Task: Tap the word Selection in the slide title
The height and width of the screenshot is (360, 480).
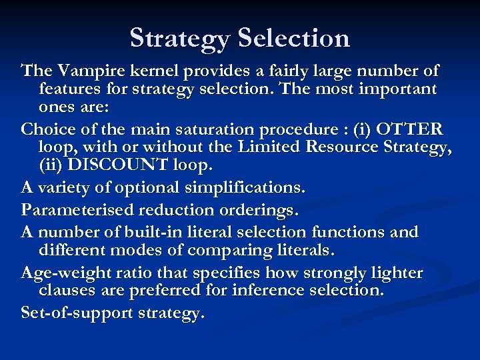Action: [294, 38]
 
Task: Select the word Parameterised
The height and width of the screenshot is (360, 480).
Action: [79, 211]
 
